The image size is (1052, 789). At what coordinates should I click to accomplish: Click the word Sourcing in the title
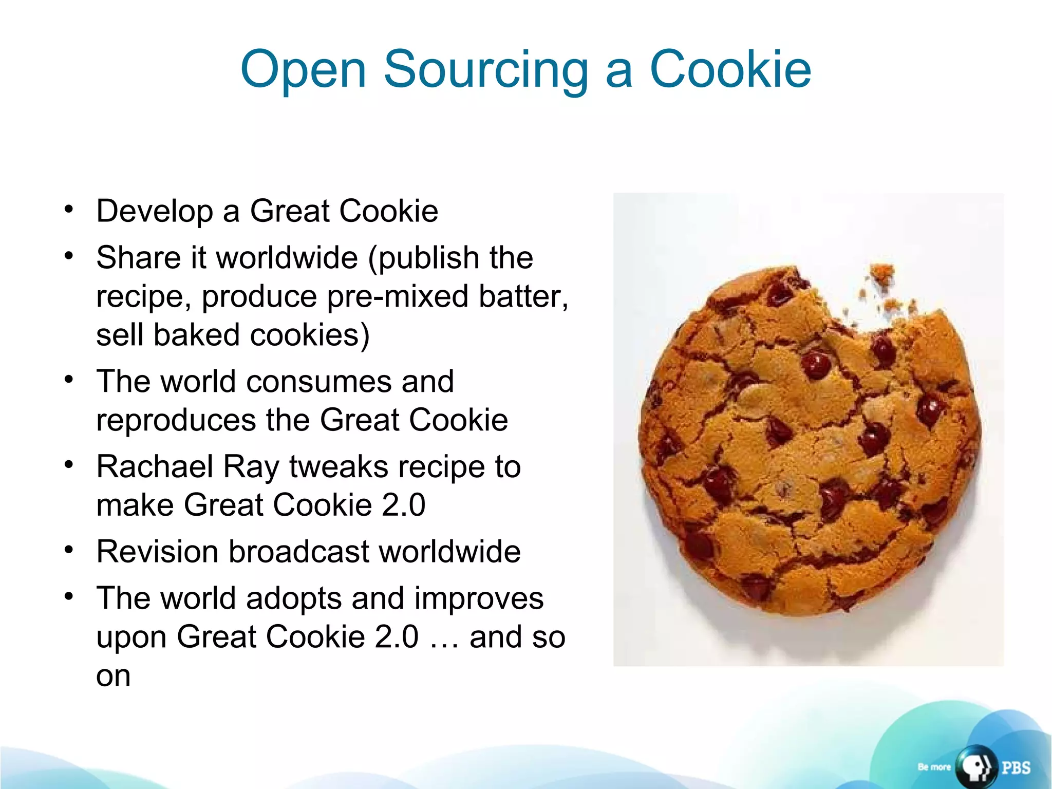(486, 70)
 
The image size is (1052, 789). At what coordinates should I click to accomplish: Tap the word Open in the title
(303, 70)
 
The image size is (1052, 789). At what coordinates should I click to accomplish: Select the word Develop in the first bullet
(155, 211)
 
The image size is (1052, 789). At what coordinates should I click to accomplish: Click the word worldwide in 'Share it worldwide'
(287, 257)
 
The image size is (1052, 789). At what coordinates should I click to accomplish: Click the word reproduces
(176, 420)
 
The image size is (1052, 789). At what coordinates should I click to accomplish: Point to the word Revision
(157, 552)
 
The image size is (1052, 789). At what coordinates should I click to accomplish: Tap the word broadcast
(299, 552)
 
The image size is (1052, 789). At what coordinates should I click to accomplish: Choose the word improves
(478, 598)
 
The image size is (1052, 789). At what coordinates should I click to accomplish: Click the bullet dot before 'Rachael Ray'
(69, 465)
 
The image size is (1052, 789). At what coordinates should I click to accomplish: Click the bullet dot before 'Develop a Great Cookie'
(69, 210)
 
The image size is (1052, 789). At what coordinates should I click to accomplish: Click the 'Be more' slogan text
(934, 767)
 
